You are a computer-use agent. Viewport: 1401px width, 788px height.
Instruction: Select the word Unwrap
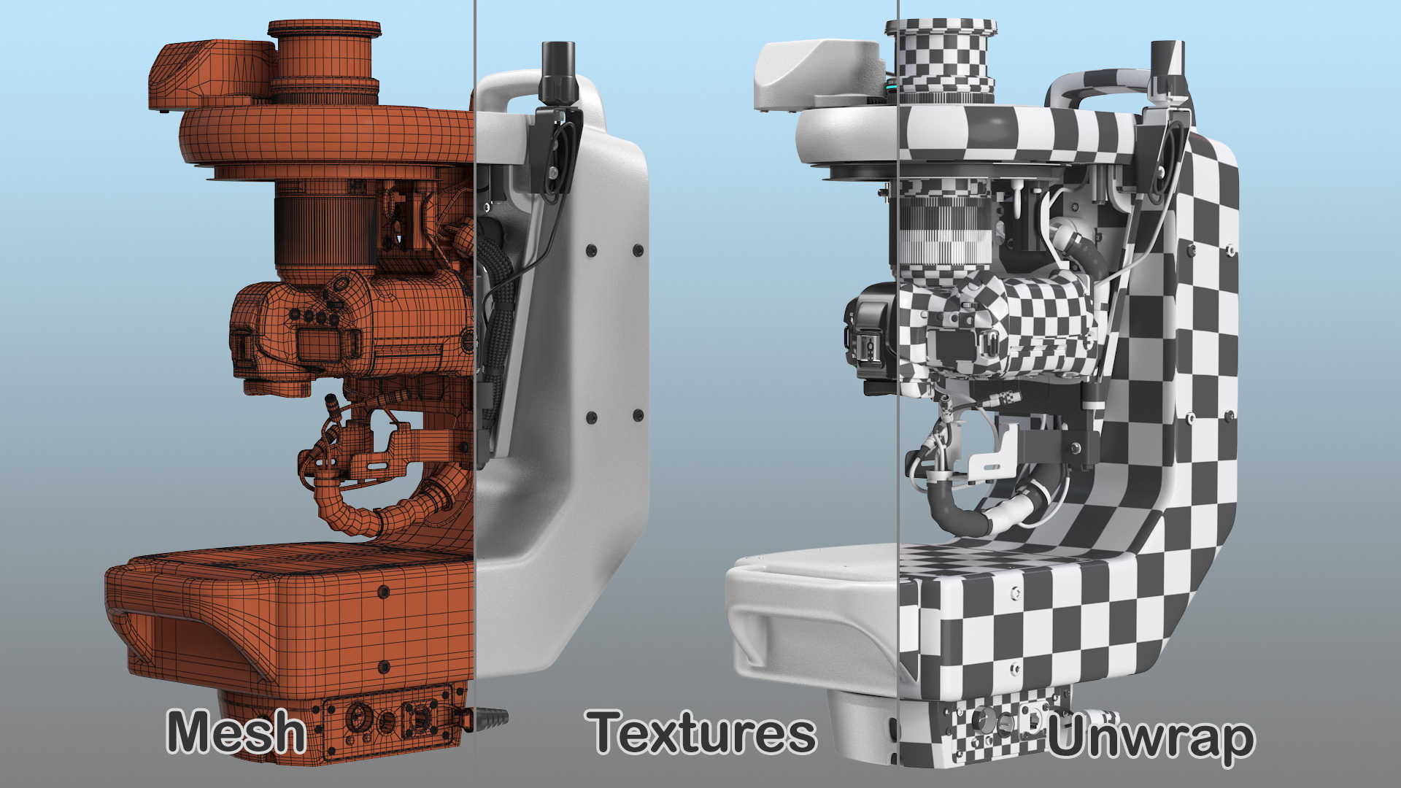pos(1151,738)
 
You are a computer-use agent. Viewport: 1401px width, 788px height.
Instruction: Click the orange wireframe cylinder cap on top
pos(324,61)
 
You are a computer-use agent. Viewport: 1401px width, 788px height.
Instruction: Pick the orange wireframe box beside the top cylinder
pos(212,74)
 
